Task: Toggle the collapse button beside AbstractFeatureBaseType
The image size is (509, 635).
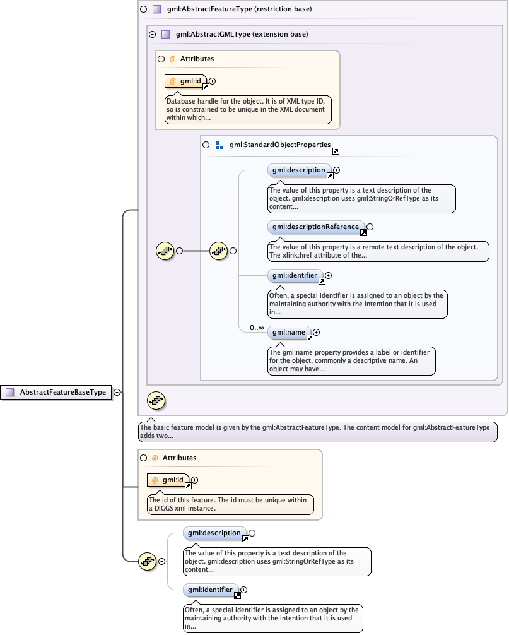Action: (x=117, y=392)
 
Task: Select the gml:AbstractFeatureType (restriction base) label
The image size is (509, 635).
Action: (x=239, y=9)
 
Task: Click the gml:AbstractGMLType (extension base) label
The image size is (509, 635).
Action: (x=242, y=34)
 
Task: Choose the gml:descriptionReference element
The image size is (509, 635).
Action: (x=315, y=227)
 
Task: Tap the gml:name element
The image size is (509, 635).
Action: (x=288, y=332)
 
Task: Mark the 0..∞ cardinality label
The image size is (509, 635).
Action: (x=256, y=328)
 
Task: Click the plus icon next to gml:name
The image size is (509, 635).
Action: (x=317, y=332)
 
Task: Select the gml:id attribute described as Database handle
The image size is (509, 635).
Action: (x=186, y=81)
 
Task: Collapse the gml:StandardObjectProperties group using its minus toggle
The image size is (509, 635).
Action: (x=206, y=145)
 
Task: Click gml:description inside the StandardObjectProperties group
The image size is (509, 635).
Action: (x=298, y=170)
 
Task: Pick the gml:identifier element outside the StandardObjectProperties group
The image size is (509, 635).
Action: (x=211, y=590)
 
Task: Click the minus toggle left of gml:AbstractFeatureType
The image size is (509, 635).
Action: (x=143, y=9)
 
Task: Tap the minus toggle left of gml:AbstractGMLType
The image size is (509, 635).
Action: (x=152, y=34)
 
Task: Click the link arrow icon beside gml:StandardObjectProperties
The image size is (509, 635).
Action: (x=336, y=151)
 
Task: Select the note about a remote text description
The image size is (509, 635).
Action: (x=377, y=251)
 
